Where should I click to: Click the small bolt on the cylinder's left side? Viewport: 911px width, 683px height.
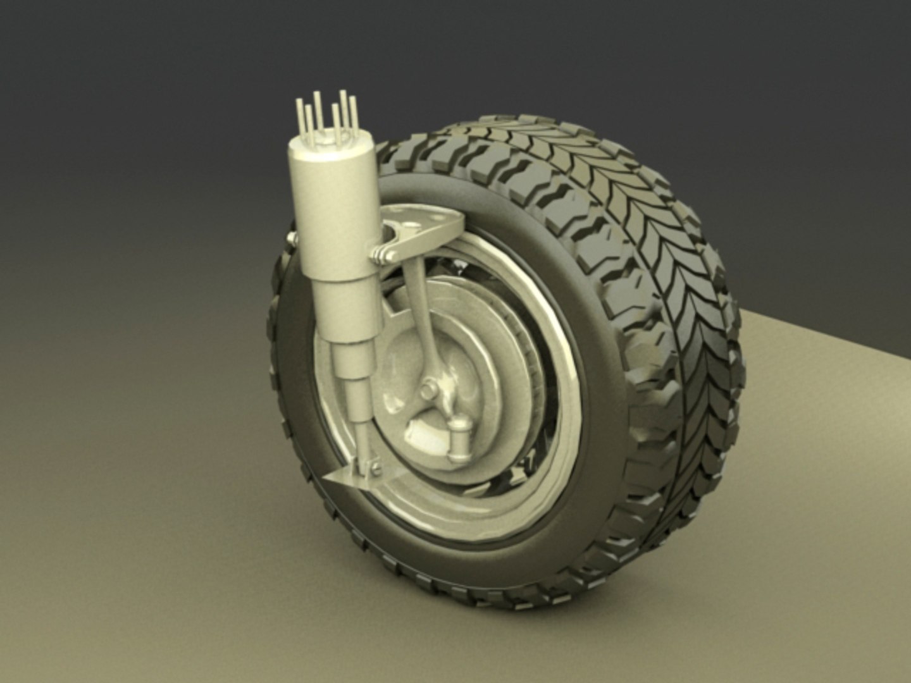coord(292,237)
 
